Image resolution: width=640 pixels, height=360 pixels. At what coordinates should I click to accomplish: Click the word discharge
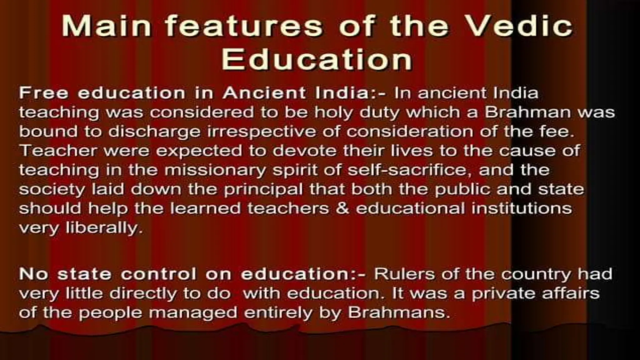click(154, 132)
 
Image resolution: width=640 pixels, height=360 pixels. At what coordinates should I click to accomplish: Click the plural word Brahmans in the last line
click(398, 313)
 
